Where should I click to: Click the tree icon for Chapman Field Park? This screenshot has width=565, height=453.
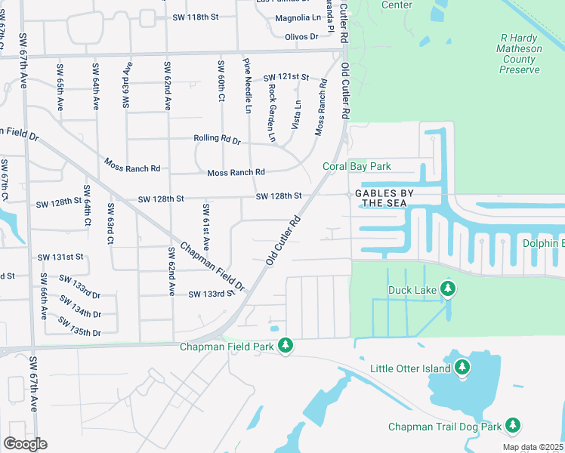click(285, 346)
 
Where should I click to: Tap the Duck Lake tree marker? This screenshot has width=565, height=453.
click(448, 288)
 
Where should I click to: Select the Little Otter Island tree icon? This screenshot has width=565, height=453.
click(463, 368)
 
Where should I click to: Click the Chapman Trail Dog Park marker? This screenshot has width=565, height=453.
click(513, 426)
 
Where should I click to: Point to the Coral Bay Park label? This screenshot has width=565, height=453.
click(357, 166)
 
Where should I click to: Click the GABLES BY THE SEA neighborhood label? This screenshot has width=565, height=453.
click(381, 198)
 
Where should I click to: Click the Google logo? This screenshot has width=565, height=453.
click(25, 444)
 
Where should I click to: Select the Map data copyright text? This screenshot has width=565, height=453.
click(533, 447)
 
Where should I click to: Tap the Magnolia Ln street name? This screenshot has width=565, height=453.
click(297, 18)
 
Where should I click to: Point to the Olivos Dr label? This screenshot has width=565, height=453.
click(302, 36)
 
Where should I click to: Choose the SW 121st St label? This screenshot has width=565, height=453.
click(286, 78)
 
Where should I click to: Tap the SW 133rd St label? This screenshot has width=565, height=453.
click(208, 294)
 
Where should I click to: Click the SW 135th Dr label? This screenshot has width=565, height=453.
click(80, 327)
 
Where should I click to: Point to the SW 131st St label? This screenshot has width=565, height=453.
click(61, 257)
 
